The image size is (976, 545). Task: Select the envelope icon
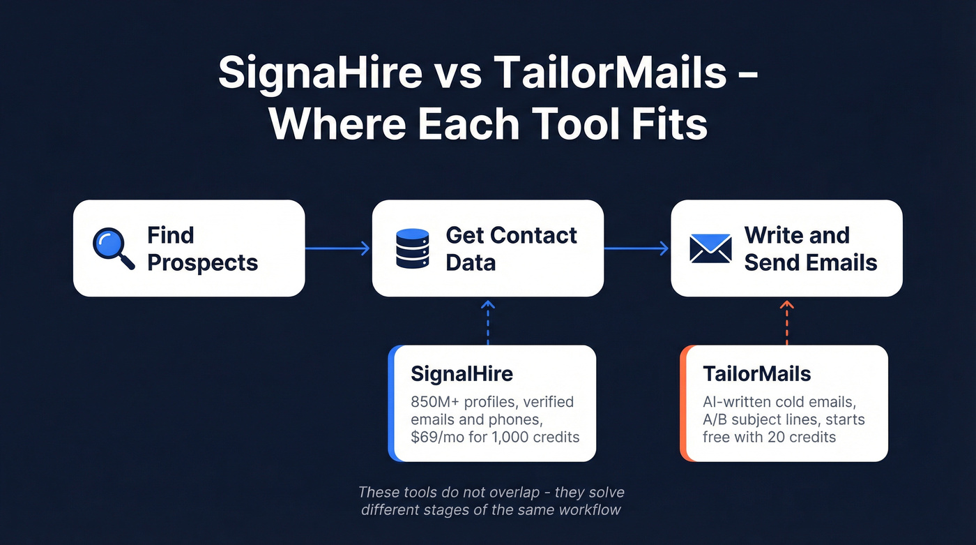tap(710, 248)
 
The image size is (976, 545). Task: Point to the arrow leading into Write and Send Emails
tap(636, 248)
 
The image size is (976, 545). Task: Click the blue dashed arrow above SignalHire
tap(488, 322)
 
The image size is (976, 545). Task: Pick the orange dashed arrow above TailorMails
tap(786, 322)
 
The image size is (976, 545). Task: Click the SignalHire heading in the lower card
tap(462, 373)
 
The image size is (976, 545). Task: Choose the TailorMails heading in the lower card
tap(756, 373)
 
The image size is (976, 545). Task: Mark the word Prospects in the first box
tap(203, 263)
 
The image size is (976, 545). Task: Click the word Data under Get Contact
tap(471, 263)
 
